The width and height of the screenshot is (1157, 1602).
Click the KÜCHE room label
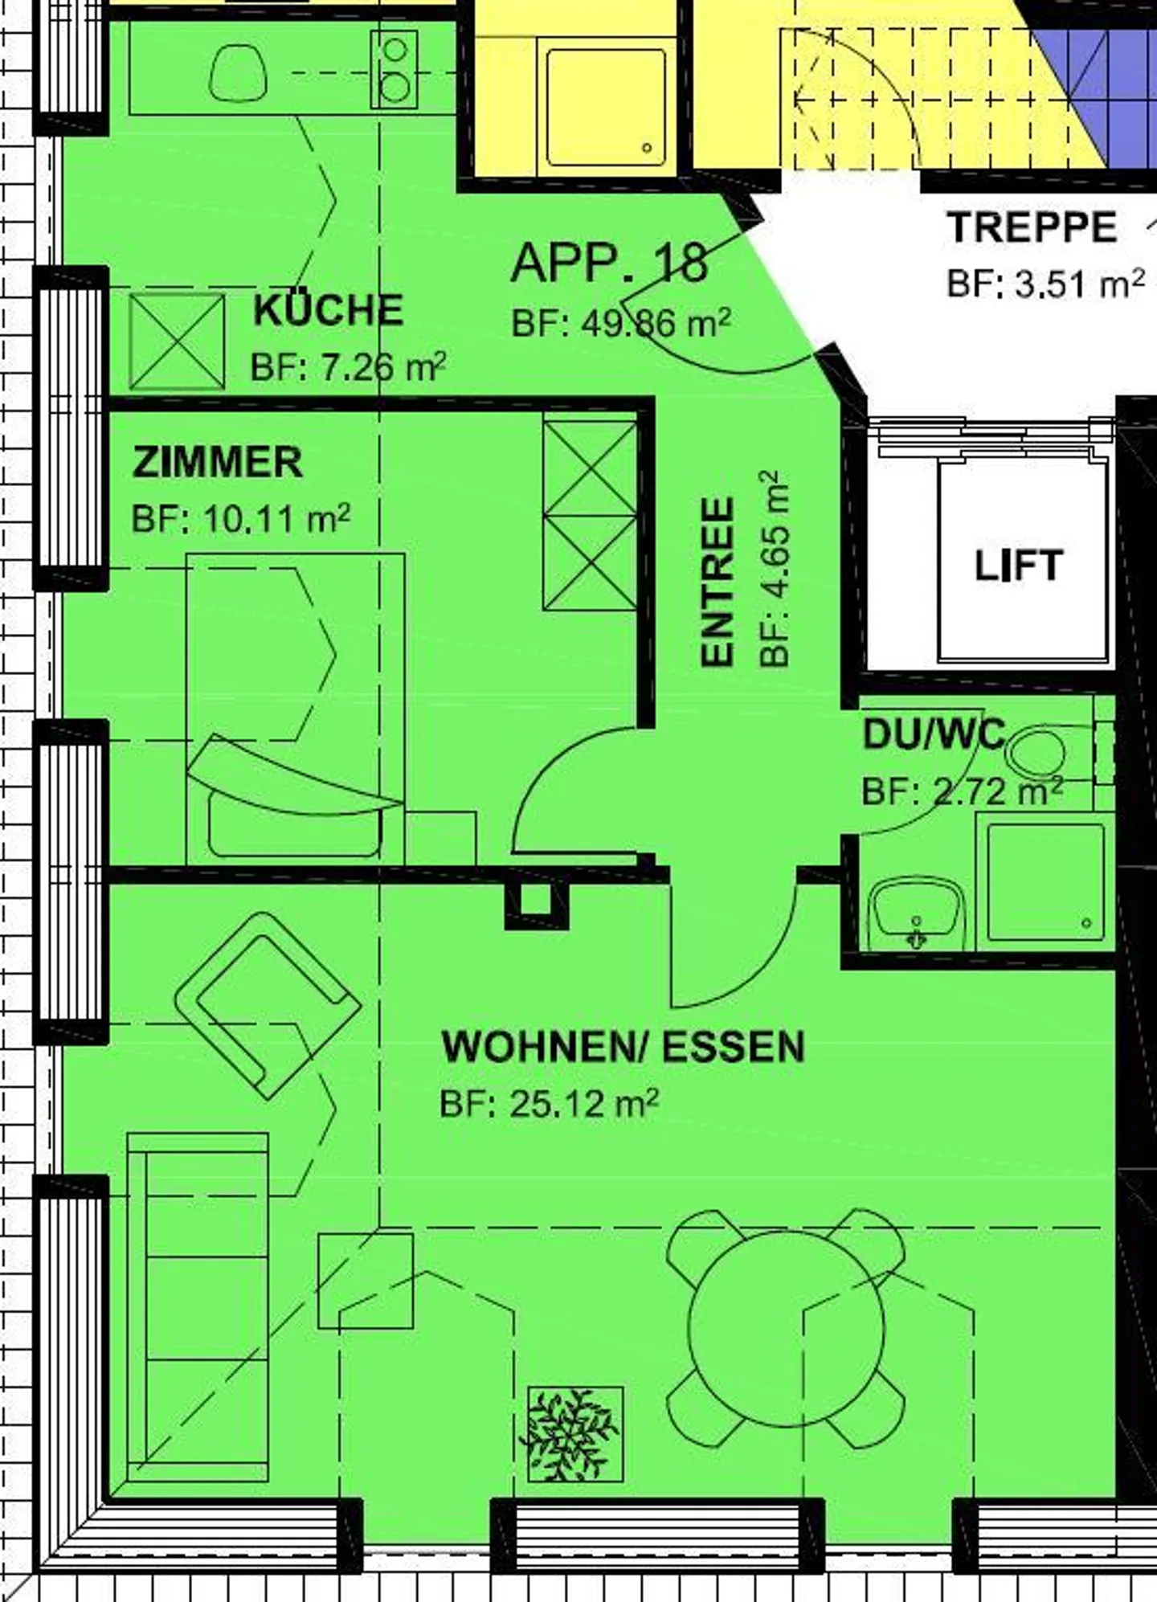coord(328,311)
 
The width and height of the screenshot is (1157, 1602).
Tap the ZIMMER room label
coord(218,463)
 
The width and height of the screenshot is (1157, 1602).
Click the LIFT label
coord(1019,566)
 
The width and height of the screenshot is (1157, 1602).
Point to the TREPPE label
coord(1032,227)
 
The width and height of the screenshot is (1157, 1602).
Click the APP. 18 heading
coord(610,262)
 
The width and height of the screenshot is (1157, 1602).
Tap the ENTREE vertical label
coord(718,582)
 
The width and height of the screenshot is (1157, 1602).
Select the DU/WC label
coord(934,734)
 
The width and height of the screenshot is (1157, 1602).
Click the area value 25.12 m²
coord(584,1104)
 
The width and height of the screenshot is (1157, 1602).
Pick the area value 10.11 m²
coord(276,519)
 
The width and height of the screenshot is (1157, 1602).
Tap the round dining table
coord(787,1328)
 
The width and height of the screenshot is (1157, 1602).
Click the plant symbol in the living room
coord(574,1434)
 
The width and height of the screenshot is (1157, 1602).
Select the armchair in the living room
coord(268,1004)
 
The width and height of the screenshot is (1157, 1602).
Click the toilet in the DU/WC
coord(1038,754)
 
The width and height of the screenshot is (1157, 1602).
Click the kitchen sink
coord(238,72)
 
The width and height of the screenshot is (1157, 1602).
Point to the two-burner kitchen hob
coord(394,69)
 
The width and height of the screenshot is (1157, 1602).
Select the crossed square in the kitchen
coord(177,341)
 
